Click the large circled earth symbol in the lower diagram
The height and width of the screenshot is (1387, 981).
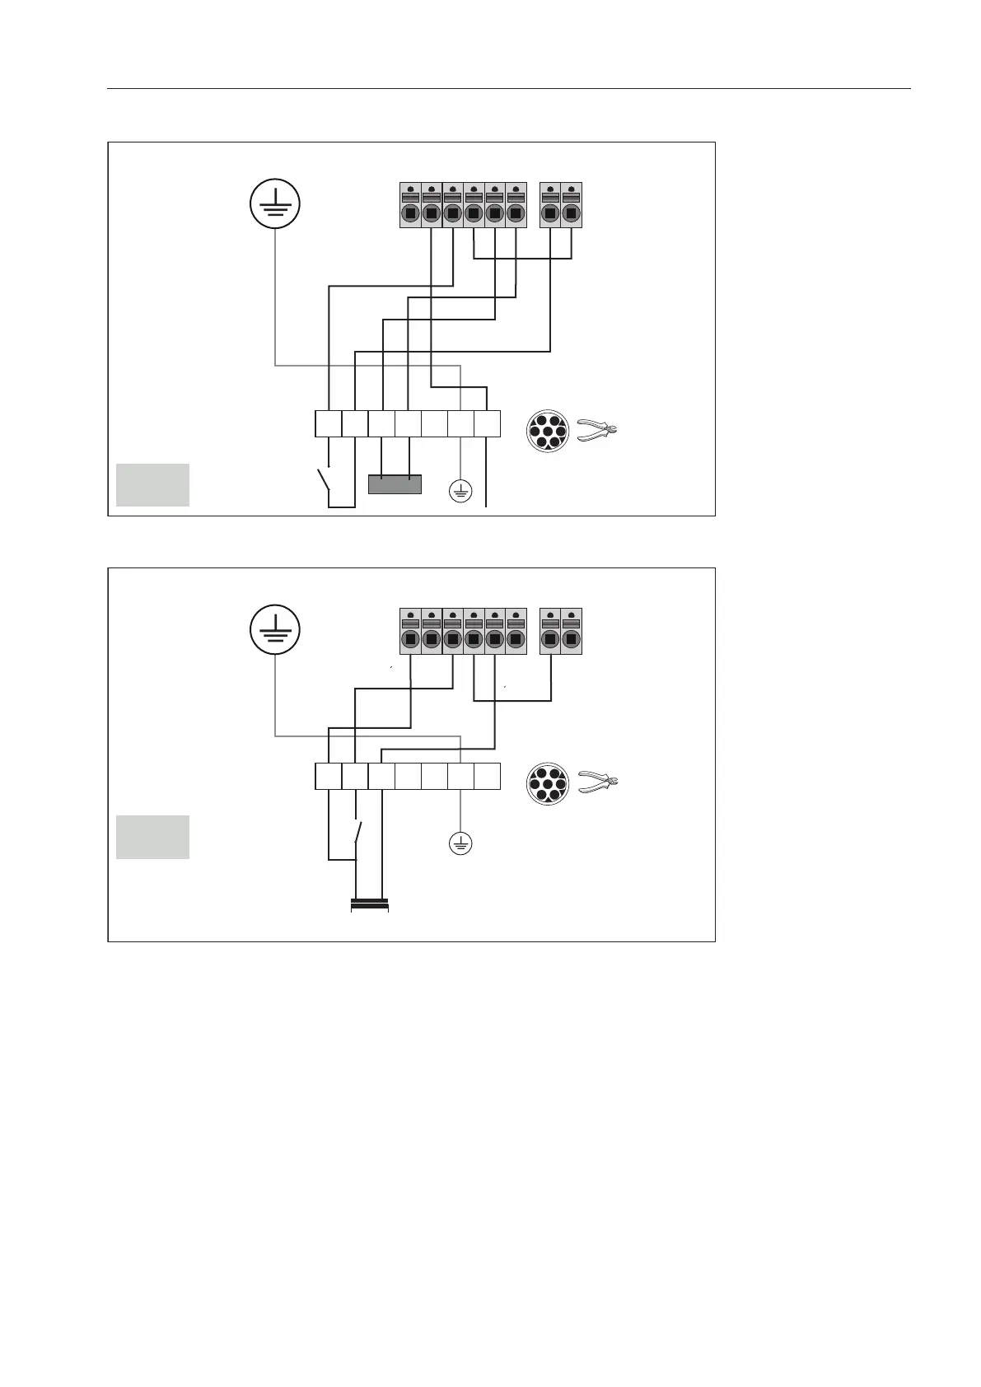click(275, 630)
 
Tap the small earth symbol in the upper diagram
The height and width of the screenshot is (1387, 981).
click(460, 492)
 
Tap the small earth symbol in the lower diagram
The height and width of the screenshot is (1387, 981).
click(460, 843)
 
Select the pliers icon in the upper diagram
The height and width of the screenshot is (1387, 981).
click(597, 429)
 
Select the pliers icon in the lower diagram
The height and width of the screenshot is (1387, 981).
click(597, 782)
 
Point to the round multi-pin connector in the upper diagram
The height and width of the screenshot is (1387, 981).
click(547, 431)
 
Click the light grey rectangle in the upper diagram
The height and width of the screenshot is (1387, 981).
click(152, 484)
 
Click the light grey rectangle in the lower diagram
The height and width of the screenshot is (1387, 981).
click(152, 837)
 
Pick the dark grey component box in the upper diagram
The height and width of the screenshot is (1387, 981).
click(395, 483)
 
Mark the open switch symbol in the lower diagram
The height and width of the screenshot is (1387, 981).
click(357, 831)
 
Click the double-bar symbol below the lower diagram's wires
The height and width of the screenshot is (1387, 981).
click(370, 904)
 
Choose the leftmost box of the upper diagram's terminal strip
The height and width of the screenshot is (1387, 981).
click(329, 423)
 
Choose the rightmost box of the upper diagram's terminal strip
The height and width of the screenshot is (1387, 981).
click(488, 423)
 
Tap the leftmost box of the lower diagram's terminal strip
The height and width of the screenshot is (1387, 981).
click(329, 776)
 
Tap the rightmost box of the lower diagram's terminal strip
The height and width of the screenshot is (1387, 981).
click(488, 776)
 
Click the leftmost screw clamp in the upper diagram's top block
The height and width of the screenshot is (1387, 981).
click(410, 205)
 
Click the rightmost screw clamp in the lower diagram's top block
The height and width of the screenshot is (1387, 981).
click(572, 631)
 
